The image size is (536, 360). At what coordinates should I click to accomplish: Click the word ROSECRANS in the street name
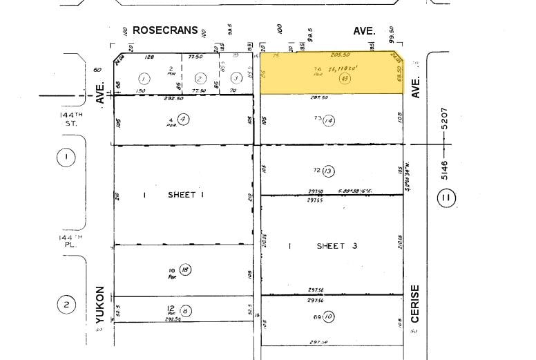[165, 30]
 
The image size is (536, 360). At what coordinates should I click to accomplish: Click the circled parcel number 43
[343, 79]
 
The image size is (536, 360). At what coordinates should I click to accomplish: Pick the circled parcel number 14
[328, 120]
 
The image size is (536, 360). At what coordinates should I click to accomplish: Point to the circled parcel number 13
[328, 171]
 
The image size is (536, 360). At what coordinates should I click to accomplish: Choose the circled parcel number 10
[328, 317]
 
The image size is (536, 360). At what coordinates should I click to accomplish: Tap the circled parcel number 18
[184, 270]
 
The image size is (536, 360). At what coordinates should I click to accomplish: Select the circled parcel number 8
[184, 311]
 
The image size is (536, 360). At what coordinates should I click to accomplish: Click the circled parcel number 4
[184, 119]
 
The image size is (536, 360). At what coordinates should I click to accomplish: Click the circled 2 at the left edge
[66, 305]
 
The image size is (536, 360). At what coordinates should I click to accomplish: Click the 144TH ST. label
[69, 117]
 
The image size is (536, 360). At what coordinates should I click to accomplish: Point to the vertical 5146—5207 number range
[444, 144]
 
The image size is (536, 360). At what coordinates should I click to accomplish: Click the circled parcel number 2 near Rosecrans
[200, 78]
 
